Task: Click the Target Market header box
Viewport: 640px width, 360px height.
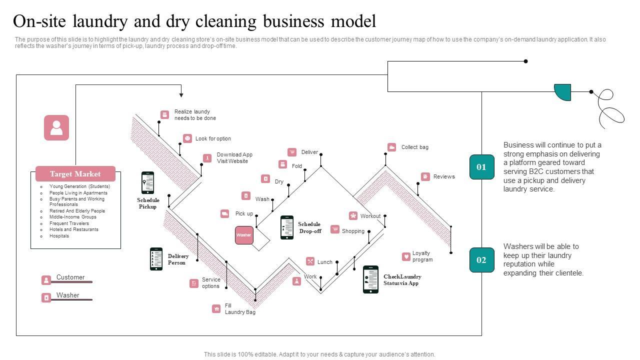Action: (x=75, y=174)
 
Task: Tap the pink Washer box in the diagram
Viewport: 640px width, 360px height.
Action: (x=244, y=235)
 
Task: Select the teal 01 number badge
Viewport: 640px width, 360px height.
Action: (x=481, y=167)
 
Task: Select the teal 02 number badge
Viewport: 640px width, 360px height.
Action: (x=481, y=260)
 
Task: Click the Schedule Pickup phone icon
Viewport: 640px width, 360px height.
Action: (x=147, y=183)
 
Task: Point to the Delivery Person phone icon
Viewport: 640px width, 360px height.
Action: (x=156, y=259)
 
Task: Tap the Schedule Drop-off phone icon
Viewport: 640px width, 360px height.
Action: (x=287, y=227)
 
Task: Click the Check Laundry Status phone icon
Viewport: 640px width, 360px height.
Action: (x=370, y=279)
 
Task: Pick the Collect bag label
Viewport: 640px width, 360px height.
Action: (x=414, y=147)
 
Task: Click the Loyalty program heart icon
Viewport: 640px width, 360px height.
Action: (x=406, y=257)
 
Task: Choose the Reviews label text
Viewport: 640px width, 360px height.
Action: (x=444, y=176)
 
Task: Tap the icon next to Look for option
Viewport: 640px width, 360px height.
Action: (x=187, y=138)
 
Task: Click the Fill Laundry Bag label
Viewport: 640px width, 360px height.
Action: (x=240, y=309)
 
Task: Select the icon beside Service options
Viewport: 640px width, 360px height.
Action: (x=194, y=283)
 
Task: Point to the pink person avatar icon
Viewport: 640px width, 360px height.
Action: (x=56, y=127)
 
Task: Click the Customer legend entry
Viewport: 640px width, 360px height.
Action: (x=70, y=277)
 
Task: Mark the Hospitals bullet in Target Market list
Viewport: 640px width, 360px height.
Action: (x=59, y=236)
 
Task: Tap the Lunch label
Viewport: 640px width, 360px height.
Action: (x=324, y=262)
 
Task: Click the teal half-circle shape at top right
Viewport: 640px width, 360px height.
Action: (x=563, y=92)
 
